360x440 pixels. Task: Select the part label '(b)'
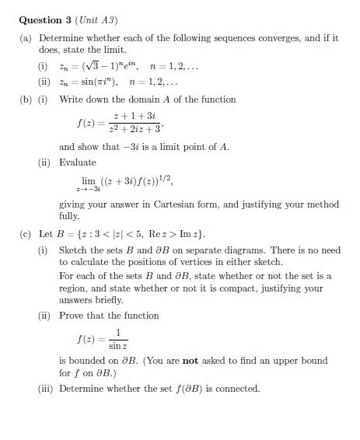click(x=26, y=100)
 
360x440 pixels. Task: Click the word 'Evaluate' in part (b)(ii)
click(x=78, y=162)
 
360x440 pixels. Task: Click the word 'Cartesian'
click(x=174, y=204)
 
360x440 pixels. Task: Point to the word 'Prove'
click(x=72, y=316)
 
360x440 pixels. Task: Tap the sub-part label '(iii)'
click(x=47, y=389)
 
